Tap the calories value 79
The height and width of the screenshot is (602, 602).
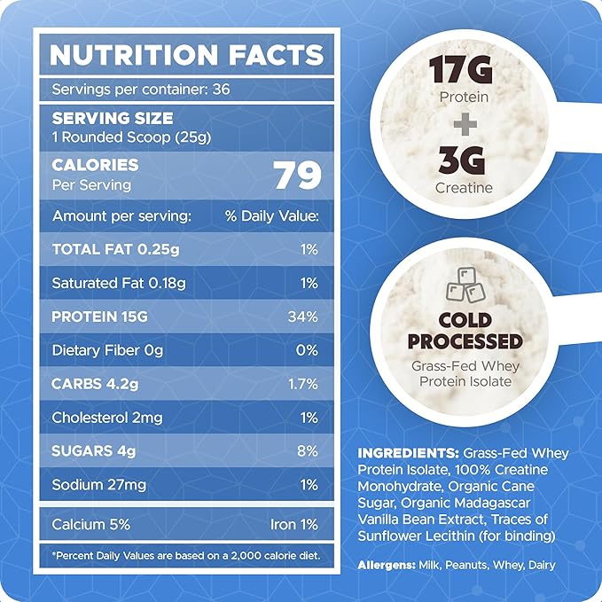296,175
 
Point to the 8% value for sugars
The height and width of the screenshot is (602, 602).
307,451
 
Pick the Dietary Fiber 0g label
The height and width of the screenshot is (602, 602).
107,351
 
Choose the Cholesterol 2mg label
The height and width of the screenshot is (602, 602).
107,418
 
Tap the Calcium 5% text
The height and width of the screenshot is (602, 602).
91,524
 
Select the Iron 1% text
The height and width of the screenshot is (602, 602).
293,524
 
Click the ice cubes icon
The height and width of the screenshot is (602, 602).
465,285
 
